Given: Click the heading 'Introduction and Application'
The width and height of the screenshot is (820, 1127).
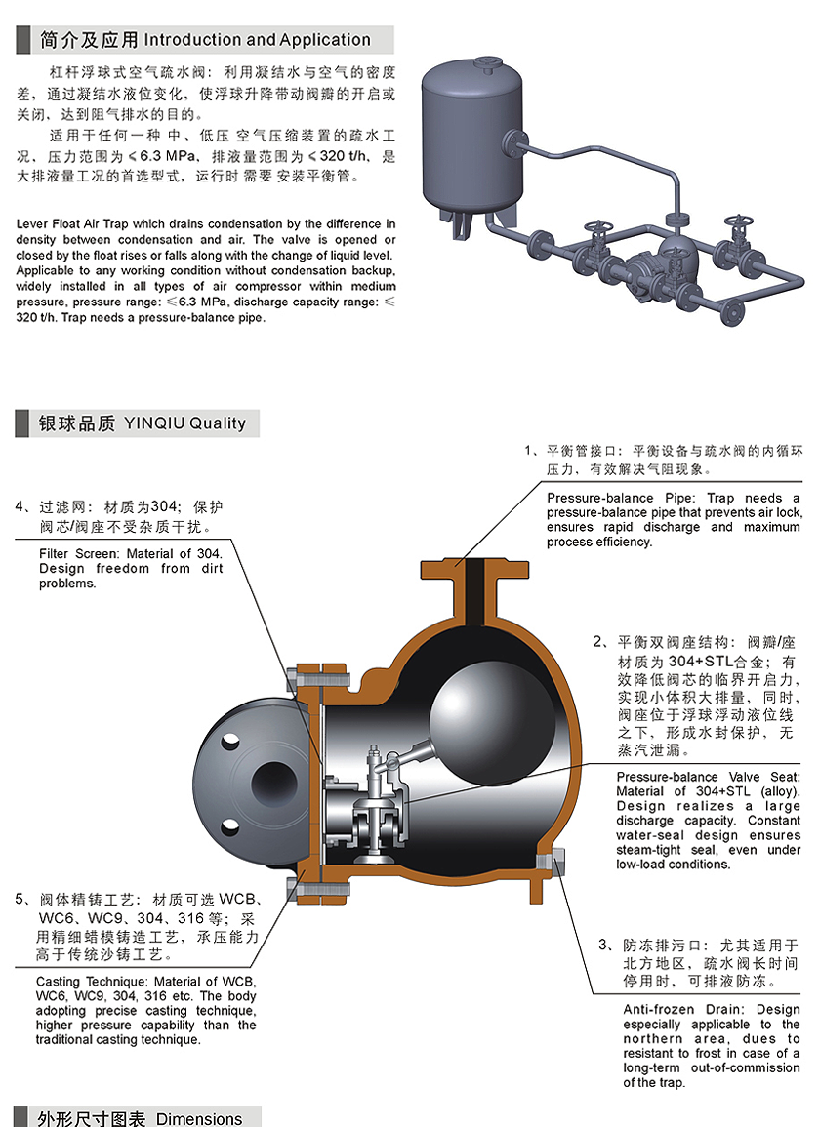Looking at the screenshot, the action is (258, 40).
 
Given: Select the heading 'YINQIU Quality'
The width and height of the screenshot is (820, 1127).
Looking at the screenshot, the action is (184, 423).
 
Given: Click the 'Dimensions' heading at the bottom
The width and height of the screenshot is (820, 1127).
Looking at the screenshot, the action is (199, 1118).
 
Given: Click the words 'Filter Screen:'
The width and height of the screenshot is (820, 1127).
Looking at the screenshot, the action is (80, 554).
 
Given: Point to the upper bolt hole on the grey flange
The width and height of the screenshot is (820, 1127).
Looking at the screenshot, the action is (230, 740).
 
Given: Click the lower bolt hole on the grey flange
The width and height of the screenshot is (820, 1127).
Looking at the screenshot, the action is (230, 827).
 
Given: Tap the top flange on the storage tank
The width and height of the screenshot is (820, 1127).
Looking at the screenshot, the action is (485, 60).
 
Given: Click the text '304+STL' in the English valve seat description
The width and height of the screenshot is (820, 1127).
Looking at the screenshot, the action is (723, 791).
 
